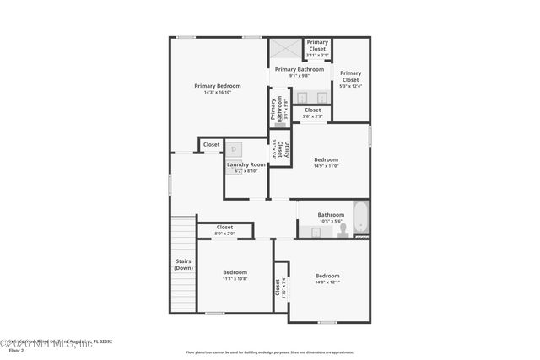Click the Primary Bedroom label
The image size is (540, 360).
(x=217, y=86)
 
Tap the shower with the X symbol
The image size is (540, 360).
(x=285, y=49)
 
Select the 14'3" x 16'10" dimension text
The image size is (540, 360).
(x=217, y=93)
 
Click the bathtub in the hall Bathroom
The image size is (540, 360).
(x=359, y=218)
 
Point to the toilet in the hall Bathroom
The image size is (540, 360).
(x=343, y=229)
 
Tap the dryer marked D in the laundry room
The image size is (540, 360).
(x=234, y=149)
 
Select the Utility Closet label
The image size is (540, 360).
(x=286, y=149)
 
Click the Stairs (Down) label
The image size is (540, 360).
(x=183, y=265)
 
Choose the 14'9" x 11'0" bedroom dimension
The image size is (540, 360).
(x=326, y=166)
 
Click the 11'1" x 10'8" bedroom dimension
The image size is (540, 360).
(x=235, y=279)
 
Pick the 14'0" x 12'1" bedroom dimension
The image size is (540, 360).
(x=327, y=282)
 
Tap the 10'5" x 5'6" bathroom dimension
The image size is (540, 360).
(x=331, y=222)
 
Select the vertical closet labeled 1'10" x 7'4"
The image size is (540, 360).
(x=279, y=287)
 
